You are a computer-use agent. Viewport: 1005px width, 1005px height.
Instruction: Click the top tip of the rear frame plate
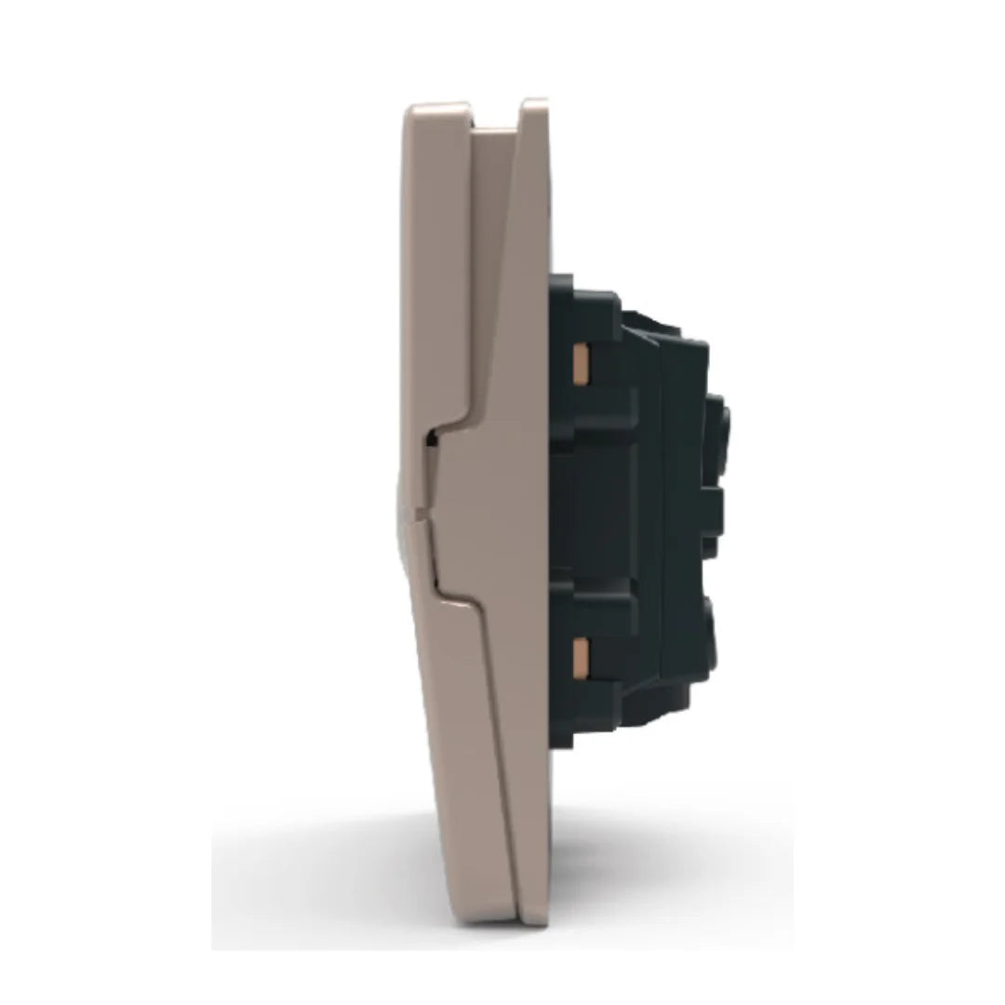point(534,102)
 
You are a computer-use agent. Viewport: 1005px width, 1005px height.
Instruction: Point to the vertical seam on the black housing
point(660,512)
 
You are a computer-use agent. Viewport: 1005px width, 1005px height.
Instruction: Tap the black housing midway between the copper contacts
point(596,507)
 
